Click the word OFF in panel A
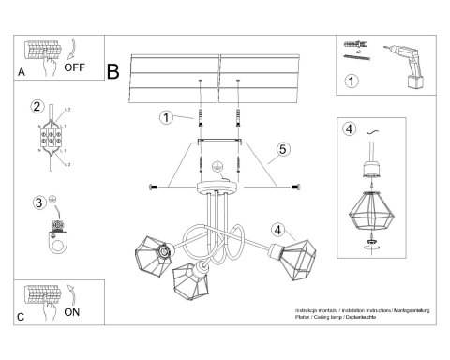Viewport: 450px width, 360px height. coord(76,67)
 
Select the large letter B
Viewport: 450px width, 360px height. coord(114,68)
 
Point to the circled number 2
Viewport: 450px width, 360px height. coord(37,106)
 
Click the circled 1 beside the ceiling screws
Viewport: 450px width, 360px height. coord(165,117)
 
